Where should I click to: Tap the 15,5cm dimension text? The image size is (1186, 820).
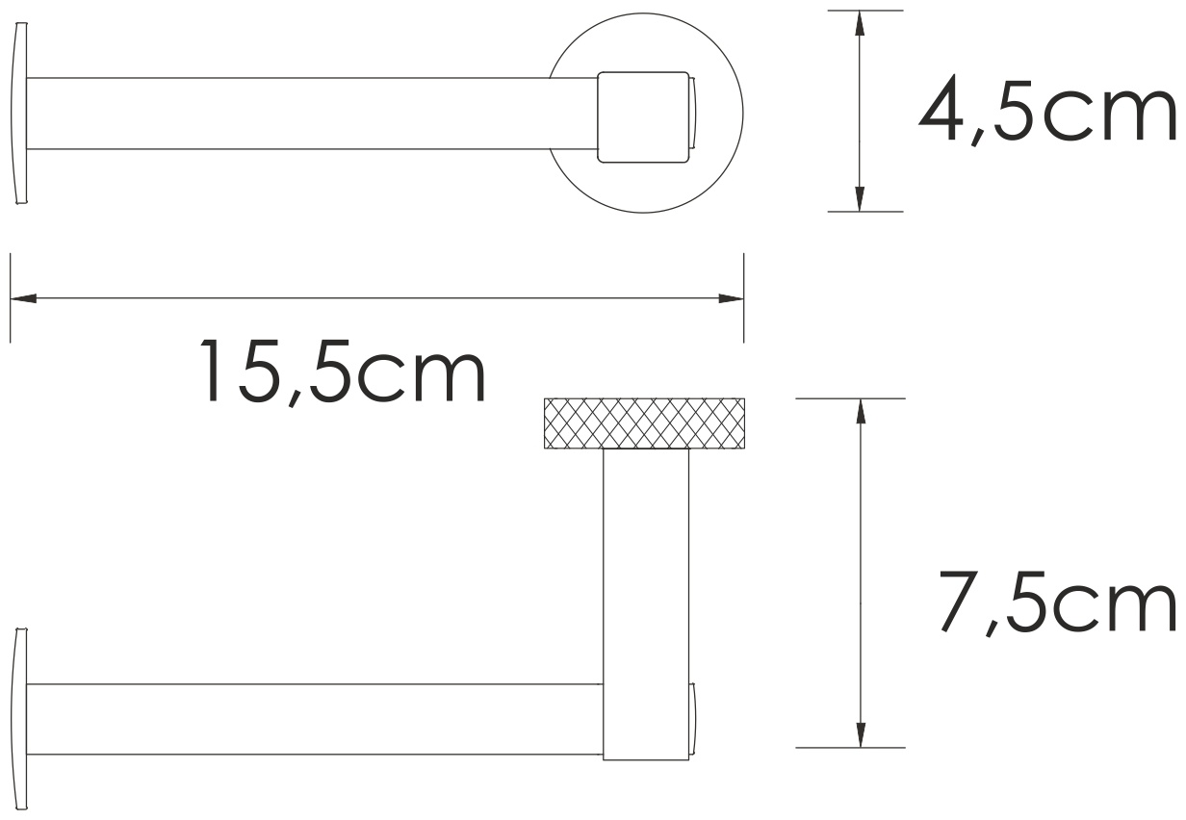point(343,372)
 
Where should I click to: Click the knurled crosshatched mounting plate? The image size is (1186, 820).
point(644,423)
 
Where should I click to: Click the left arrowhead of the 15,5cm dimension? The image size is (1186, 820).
point(23,298)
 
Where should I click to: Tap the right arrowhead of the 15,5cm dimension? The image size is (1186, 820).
point(731,298)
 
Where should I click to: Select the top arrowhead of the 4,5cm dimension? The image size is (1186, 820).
point(860,23)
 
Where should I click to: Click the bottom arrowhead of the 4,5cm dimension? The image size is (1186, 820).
point(860,199)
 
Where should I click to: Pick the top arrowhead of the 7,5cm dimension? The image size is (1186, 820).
point(861,412)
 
